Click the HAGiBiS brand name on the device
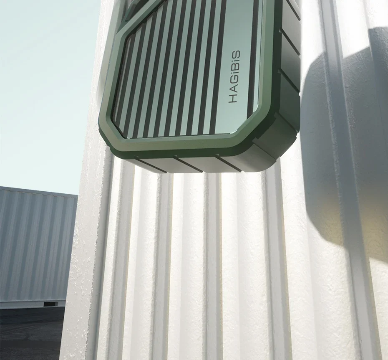tap(234, 76)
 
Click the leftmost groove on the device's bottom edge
tap(151, 164)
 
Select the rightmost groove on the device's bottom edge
tap(228, 162)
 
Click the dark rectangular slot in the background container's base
tap(50, 304)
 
